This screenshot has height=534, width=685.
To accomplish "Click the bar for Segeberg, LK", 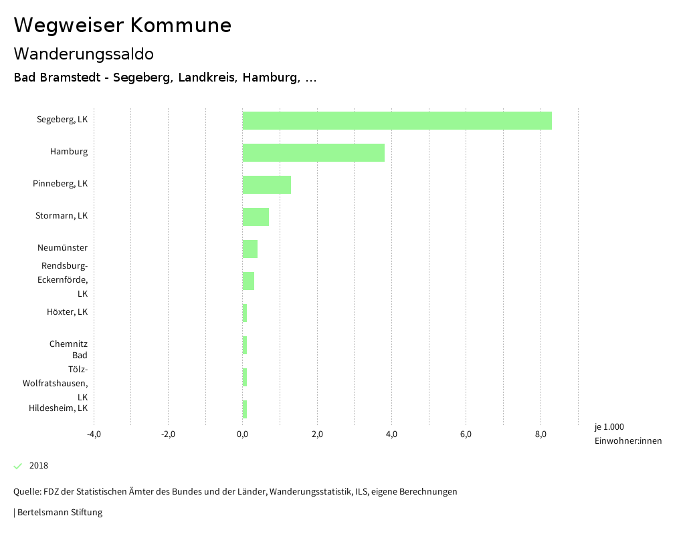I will (397, 120).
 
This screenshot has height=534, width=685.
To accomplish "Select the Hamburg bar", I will (313, 152).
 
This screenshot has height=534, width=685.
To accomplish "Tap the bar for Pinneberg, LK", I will (266, 184).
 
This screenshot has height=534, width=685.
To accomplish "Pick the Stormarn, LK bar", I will (256, 217).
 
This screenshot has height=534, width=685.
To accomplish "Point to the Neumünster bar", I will (250, 249).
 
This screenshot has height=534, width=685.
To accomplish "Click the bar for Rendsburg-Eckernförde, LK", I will (248, 281).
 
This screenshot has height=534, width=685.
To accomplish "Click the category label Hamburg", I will (69, 152).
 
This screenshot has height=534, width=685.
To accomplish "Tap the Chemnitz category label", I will (68, 344).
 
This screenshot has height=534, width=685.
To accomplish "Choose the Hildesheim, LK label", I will (58, 408).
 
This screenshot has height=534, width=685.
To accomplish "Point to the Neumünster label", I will (62, 248).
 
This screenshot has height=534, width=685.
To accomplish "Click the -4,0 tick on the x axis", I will (94, 434).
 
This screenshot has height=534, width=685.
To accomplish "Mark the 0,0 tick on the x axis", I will (243, 434).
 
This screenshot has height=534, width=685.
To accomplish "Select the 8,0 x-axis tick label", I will (541, 434).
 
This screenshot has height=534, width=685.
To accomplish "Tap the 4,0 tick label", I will (392, 434).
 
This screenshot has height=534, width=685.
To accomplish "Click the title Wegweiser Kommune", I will (122, 25).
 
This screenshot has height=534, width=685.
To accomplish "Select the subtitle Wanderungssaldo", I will (84, 53).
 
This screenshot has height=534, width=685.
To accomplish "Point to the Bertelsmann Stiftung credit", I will (59, 513).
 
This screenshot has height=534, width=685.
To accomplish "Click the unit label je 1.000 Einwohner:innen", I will (627, 434).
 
